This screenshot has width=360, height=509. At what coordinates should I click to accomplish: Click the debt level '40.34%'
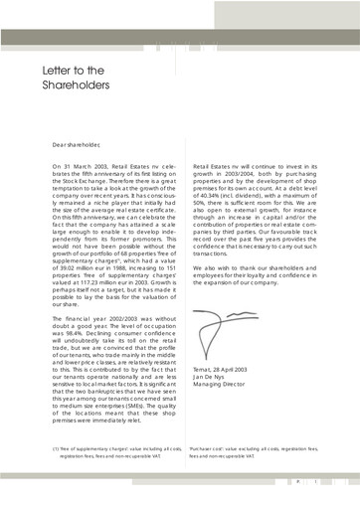(215, 202)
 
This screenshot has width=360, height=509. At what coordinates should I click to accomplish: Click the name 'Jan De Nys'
(214, 354)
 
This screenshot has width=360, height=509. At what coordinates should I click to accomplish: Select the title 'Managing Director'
(227, 362)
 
